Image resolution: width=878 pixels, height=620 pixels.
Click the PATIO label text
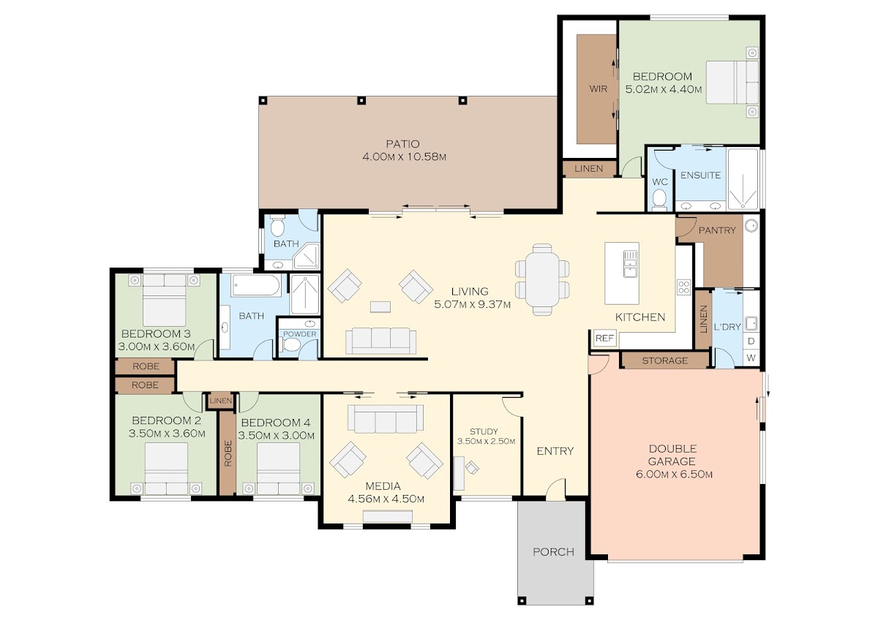click(402, 144)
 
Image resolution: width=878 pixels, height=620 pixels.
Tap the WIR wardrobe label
click(599, 89)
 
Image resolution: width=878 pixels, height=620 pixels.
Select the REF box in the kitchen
click(604, 338)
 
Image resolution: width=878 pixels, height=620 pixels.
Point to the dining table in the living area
click(542, 279)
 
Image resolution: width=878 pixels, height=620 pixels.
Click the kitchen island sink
click(630, 264)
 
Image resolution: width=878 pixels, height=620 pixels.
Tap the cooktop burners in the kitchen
click(684, 287)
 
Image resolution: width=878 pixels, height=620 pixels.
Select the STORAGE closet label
click(665, 360)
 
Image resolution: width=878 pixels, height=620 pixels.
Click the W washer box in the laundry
click(751, 358)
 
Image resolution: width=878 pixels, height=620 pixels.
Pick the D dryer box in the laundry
click(751, 341)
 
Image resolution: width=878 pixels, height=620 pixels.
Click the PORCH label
click(553, 552)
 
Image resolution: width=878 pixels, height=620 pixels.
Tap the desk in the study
click(459, 473)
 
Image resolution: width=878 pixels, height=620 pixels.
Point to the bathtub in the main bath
click(256, 285)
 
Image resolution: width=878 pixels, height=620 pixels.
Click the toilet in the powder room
click(291, 344)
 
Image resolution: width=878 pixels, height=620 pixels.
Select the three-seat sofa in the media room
click(386, 419)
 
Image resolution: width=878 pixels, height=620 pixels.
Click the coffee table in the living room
click(380, 306)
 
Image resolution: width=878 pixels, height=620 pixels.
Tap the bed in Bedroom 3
click(164, 300)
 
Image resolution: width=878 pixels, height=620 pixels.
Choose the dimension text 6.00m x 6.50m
click(674, 475)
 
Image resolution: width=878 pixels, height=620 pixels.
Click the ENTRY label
click(555, 451)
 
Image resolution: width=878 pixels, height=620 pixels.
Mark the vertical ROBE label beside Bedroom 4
click(228, 453)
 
